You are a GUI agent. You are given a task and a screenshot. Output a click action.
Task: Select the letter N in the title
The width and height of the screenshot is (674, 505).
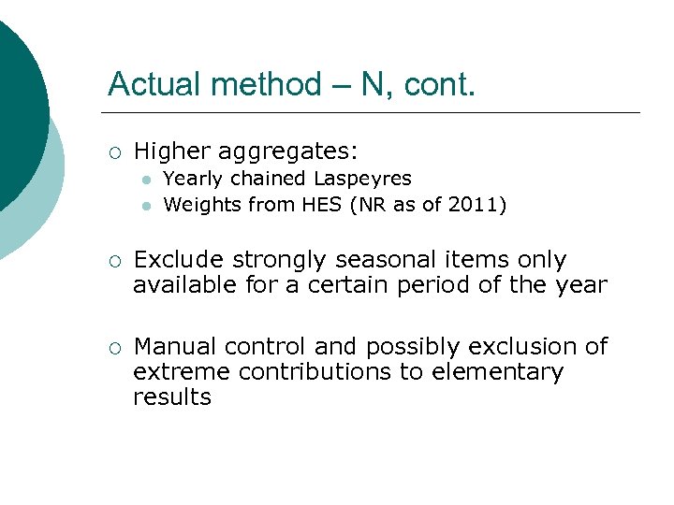372,84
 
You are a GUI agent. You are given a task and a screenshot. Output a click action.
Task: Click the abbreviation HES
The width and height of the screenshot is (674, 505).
320,204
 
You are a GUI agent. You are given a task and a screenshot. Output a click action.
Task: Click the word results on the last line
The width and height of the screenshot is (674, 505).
172,397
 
